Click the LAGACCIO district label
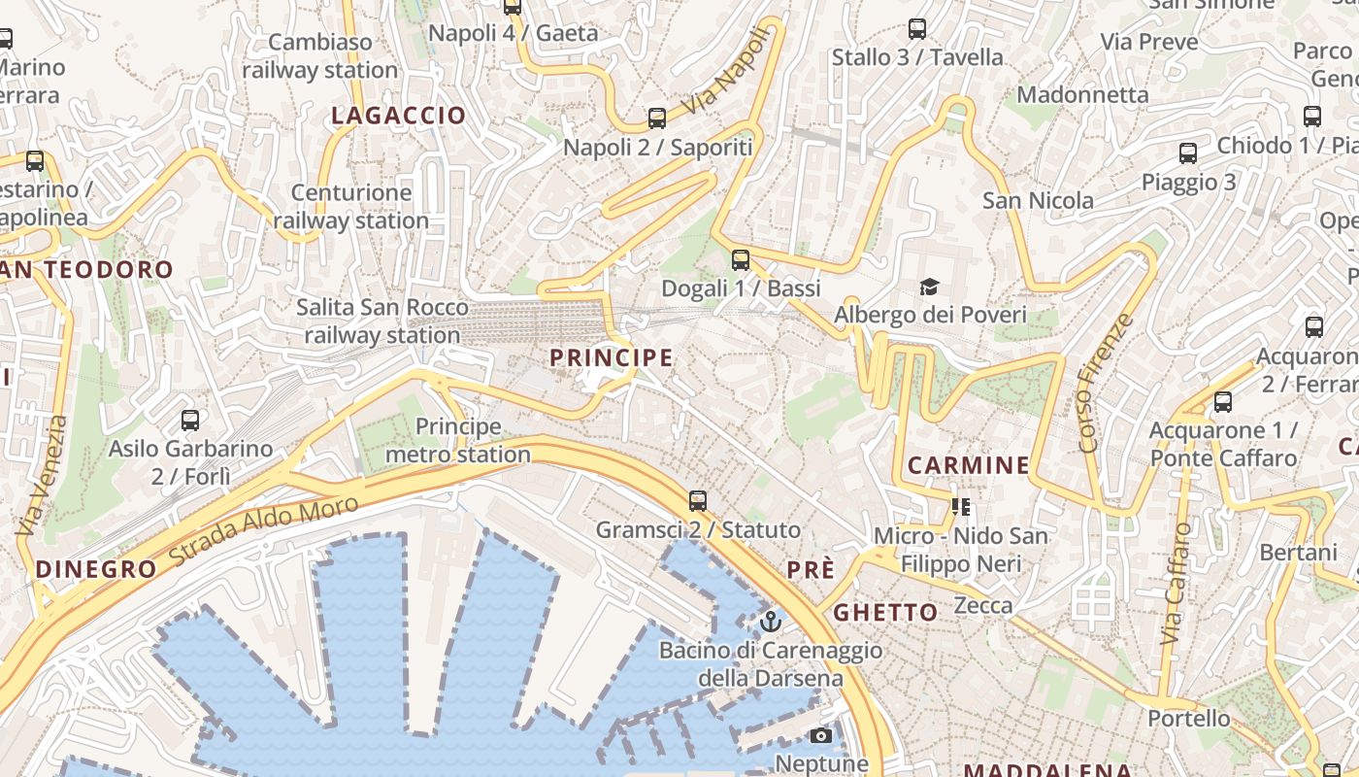(398, 116)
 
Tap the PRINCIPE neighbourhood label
(611, 357)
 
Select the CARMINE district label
(968, 465)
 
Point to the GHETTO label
(885, 612)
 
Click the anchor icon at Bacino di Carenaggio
(771, 621)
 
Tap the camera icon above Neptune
(820, 735)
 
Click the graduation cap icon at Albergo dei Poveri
(930, 287)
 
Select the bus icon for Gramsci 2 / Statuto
(698, 501)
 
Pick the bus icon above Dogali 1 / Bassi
(741, 259)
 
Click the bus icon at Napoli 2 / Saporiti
(657, 118)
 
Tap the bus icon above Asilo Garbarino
(190, 421)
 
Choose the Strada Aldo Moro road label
(263, 530)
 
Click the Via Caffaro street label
(1176, 585)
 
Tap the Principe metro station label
(458, 440)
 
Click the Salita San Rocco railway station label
(381, 321)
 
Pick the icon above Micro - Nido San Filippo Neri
(961, 506)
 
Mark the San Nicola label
(1038, 201)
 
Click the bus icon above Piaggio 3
(1188, 153)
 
